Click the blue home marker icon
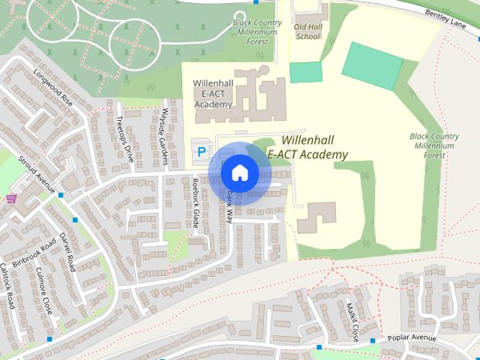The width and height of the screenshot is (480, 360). click(239, 173)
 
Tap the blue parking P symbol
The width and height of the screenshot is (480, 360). click(200, 151)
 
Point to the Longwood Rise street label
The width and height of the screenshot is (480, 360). click(53, 88)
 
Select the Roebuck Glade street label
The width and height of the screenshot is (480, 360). click(195, 205)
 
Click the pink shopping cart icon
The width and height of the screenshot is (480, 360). click(11, 199)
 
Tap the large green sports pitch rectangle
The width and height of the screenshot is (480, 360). click(373, 65)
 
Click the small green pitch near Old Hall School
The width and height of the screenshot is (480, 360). click(305, 72)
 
